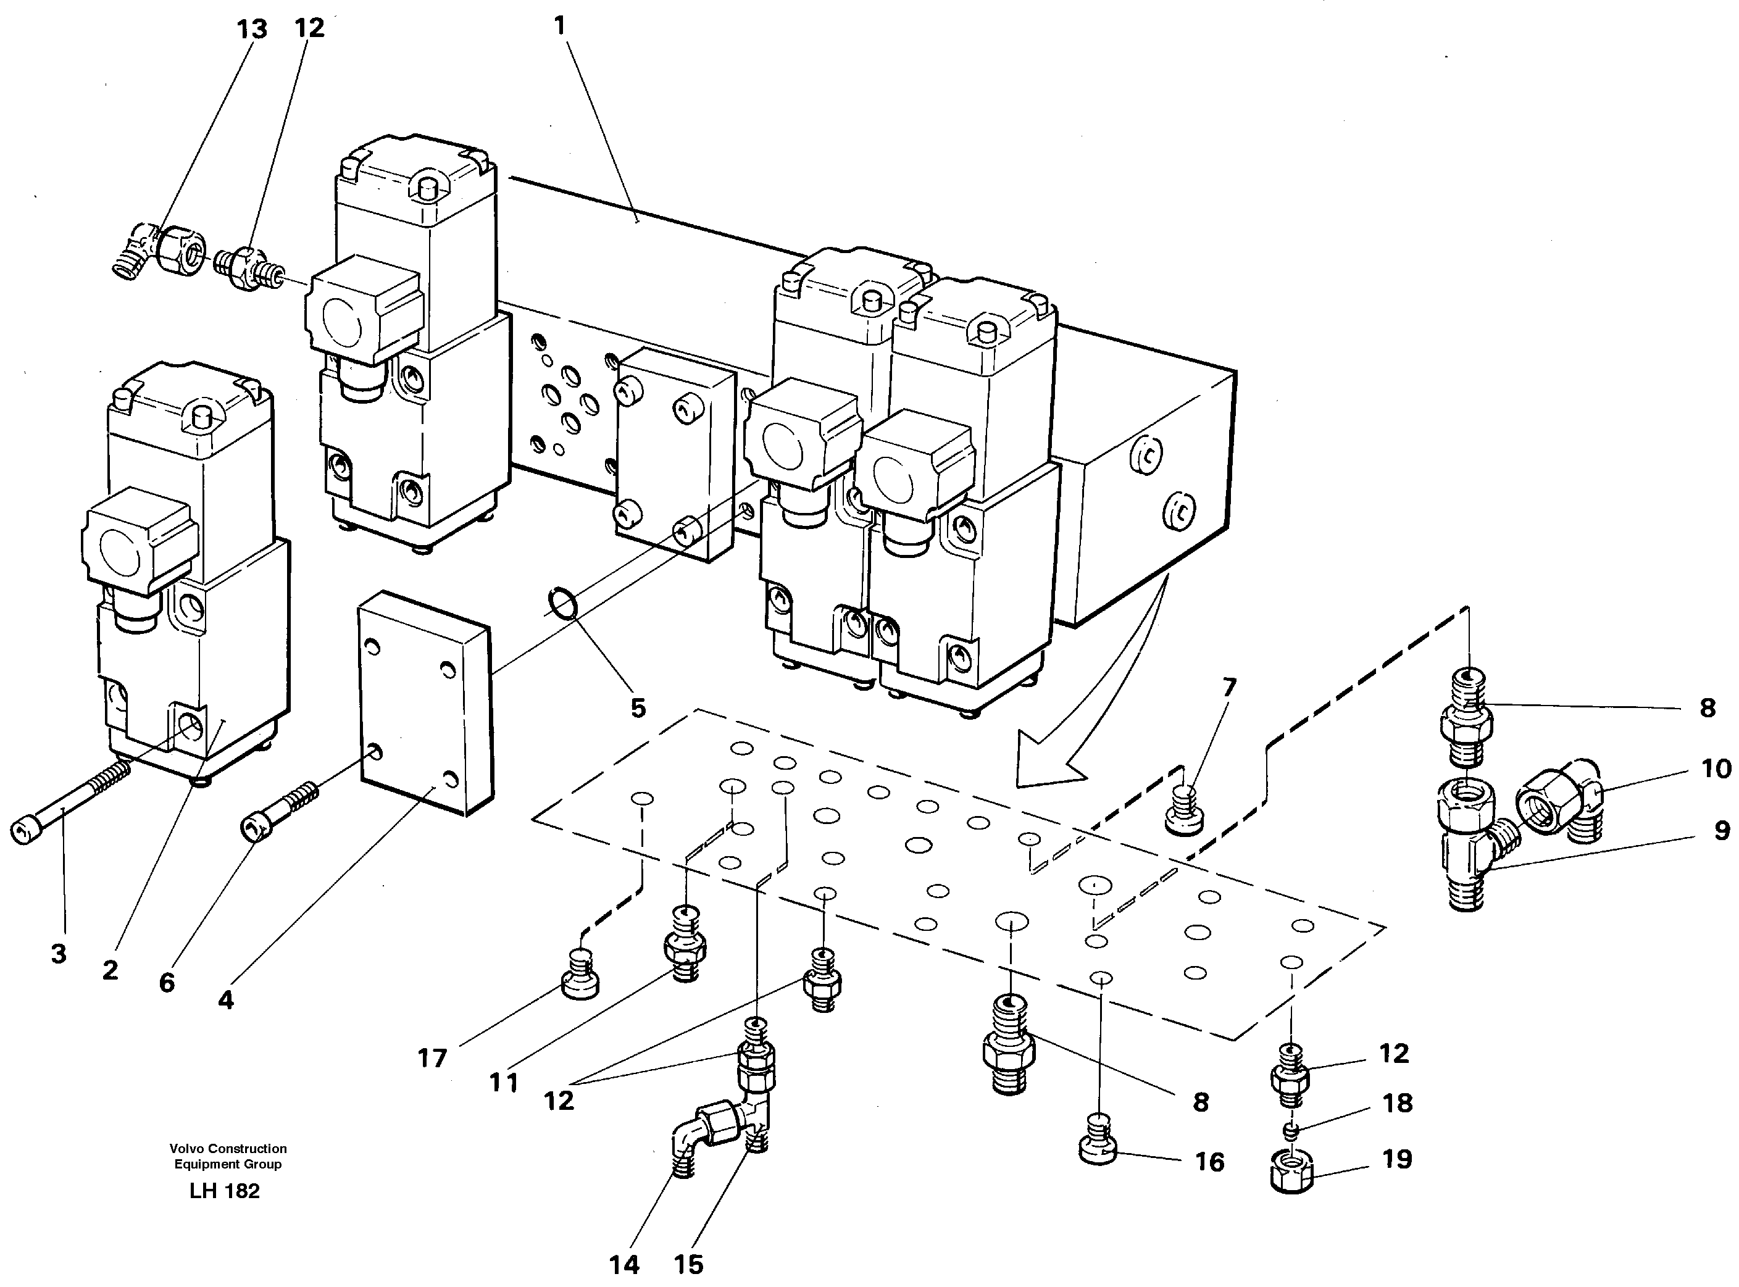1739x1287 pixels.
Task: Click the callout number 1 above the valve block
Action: point(559,26)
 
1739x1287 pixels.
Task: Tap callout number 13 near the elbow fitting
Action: point(252,30)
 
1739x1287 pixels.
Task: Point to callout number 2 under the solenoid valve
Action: point(110,970)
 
